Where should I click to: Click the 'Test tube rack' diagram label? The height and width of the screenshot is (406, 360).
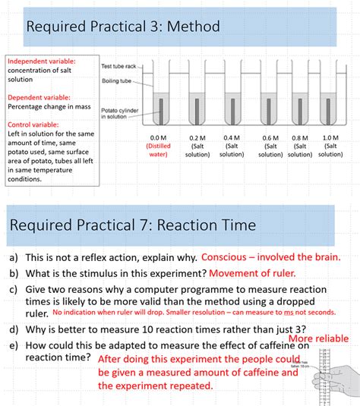[120, 67]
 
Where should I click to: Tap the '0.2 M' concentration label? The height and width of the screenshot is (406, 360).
[197, 137]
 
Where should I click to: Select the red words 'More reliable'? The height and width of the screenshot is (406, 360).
[319, 338]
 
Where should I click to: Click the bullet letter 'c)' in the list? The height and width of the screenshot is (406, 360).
[14, 289]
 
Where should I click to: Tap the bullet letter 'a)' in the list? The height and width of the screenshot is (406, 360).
[14, 257]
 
